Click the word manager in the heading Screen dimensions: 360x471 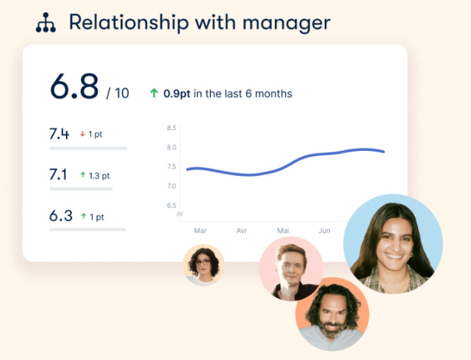pos(291,23)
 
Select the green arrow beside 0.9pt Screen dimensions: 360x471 pos(153,93)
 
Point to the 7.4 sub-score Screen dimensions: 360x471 pos(59,134)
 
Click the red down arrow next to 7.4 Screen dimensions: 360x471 pos(82,134)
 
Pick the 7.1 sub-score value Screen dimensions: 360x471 pos(59,175)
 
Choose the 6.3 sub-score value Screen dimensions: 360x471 pos(61,215)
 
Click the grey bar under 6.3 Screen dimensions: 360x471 pos(88,229)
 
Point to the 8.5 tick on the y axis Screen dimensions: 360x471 pos(172,128)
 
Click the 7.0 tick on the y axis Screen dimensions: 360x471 pos(172,186)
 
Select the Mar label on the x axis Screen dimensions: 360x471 pos(200,230)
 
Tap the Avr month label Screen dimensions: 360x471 pos(242,230)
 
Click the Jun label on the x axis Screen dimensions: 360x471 pos(325,230)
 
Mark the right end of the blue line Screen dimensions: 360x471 pos(383,152)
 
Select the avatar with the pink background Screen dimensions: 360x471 pos(290,269)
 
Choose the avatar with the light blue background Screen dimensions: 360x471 pos(392,244)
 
